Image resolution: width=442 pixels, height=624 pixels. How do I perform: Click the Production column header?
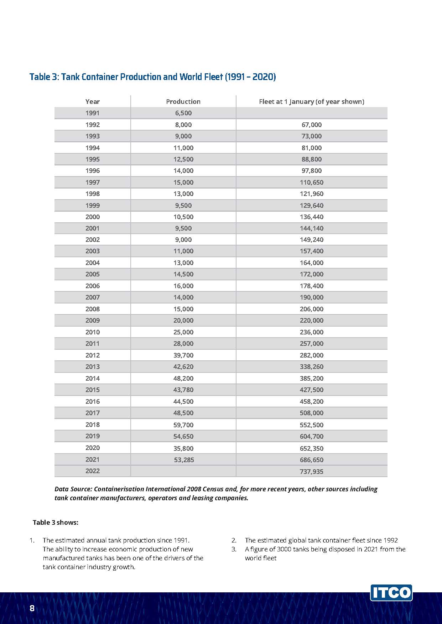click(183, 102)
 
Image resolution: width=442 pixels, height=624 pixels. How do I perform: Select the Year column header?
click(93, 102)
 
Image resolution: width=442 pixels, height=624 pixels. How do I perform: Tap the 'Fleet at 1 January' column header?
click(311, 102)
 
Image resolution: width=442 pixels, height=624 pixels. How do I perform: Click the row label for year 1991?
click(93, 113)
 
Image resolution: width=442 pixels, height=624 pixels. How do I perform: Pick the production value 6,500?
click(183, 113)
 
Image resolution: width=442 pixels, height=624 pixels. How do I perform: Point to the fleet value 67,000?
click(311, 125)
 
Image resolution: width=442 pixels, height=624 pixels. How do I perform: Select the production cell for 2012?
click(183, 355)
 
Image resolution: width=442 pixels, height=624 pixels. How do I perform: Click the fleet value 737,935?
click(311, 472)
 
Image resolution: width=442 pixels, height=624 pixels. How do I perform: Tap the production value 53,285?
click(184, 460)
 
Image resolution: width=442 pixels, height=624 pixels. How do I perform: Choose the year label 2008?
click(93, 309)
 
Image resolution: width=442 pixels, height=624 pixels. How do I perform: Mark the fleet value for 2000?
click(311, 217)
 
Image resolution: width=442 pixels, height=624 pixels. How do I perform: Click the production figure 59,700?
click(183, 425)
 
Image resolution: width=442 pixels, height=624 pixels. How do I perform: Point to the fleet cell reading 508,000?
click(311, 413)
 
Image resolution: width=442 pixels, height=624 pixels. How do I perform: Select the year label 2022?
click(93, 471)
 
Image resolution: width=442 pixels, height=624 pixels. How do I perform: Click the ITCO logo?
click(391, 593)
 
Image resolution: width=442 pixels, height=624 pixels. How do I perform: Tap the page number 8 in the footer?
click(32, 608)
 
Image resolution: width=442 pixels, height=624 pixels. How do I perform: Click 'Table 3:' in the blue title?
click(44, 77)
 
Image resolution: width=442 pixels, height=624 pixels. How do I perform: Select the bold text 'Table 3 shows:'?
click(56, 523)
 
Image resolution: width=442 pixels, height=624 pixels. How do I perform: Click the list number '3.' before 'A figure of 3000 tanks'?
click(234, 549)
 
